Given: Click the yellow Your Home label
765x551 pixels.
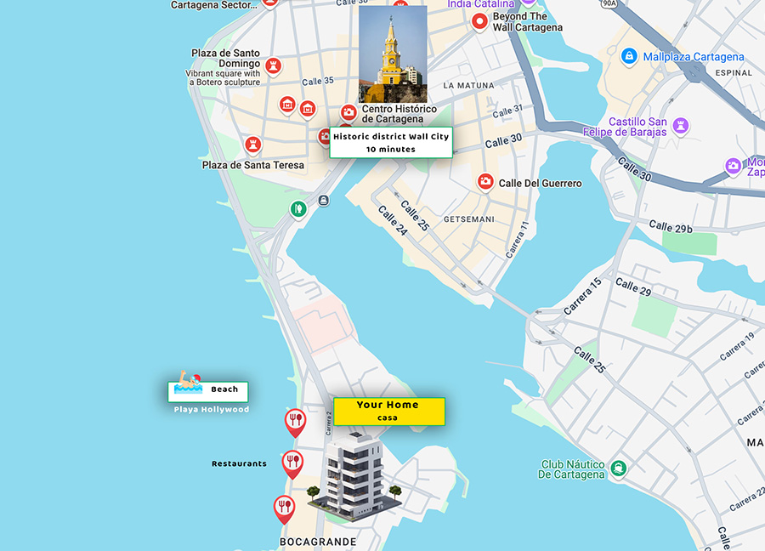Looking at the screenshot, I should tap(388, 411).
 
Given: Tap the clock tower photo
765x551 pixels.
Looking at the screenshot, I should tap(392, 54).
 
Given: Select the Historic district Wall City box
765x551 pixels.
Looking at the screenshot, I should tap(391, 142).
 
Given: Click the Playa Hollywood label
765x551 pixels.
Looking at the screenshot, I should tap(212, 410).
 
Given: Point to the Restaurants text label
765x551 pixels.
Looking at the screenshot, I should tap(239, 463).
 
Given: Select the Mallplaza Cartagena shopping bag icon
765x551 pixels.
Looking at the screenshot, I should tap(628, 57).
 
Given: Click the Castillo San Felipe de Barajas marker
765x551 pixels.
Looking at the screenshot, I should tap(679, 127).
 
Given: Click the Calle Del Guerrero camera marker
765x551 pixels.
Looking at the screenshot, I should tap(484, 181).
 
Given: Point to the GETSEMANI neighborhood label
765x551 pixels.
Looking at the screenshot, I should tap(468, 219).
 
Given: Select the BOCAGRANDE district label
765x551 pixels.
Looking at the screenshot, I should tap(318, 542).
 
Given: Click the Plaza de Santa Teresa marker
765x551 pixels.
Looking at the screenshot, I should tap(252, 145).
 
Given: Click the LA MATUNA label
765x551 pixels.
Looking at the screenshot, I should tap(469, 86).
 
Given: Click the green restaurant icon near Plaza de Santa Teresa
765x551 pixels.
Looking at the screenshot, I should tap(297, 209).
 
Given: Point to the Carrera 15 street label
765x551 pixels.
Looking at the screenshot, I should tap(582, 295).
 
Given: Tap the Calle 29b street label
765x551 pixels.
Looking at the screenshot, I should tap(671, 226).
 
